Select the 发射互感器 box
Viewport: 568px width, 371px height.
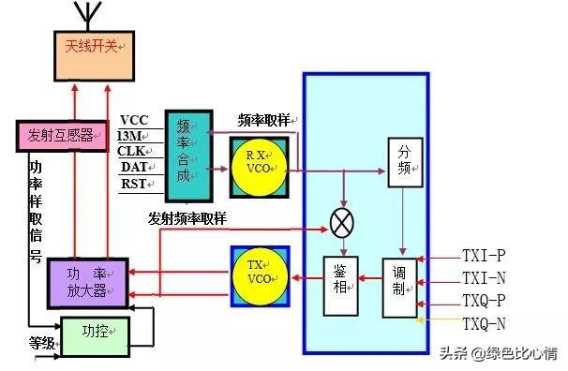[58, 135]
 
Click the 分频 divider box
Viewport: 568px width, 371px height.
[403, 160]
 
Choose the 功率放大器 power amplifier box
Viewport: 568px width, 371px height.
[85, 278]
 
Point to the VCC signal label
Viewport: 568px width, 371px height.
[134, 119]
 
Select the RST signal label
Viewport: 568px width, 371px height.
[134, 184]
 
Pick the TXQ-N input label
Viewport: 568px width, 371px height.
[484, 323]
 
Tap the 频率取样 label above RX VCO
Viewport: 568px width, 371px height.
[265, 120]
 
